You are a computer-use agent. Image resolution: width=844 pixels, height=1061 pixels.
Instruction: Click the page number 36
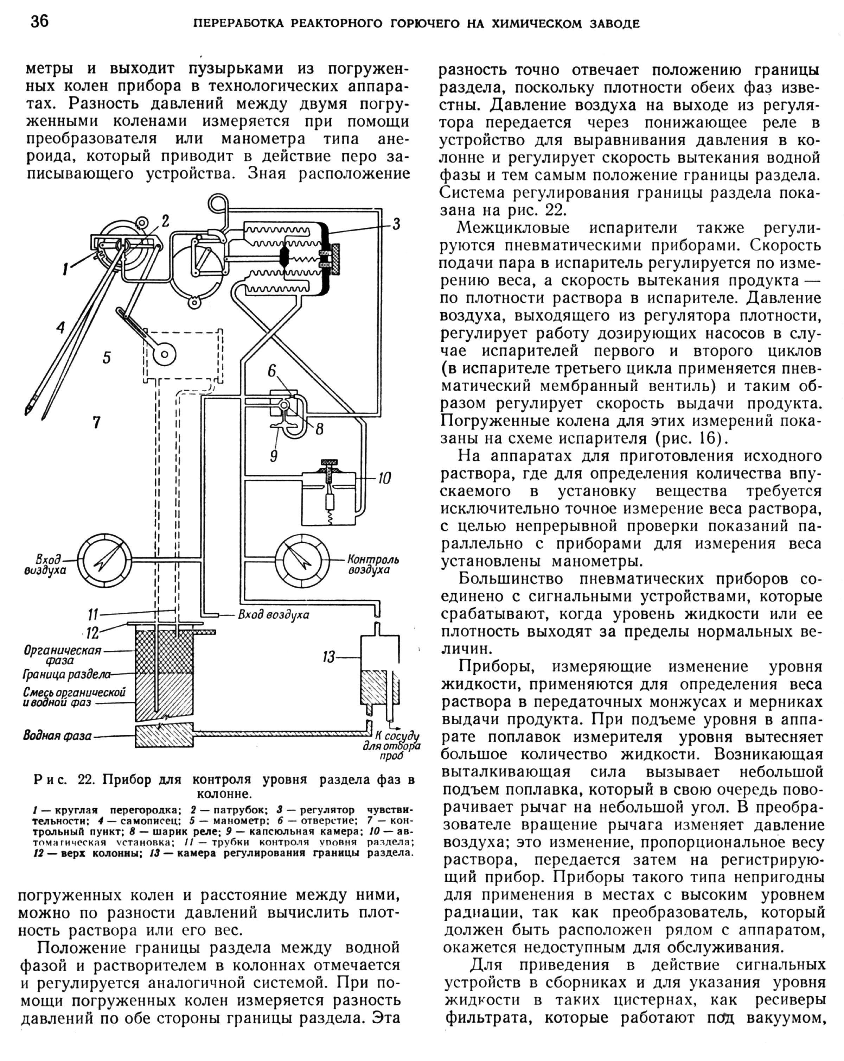pos(39,22)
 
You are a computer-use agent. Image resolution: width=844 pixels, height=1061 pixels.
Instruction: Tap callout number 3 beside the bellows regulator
pos(396,225)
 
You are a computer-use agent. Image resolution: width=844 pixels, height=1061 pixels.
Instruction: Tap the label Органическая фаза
pos(62,655)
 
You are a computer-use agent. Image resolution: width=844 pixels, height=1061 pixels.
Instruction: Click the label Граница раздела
pos(66,674)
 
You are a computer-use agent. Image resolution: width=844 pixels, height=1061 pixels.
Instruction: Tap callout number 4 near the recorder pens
pos(60,327)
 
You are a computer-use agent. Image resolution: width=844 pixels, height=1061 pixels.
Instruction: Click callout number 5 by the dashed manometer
pos(107,357)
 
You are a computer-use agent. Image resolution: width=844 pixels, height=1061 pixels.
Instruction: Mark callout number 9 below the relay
pos(274,456)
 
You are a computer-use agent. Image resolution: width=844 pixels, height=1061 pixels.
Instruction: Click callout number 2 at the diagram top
pos(165,221)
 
